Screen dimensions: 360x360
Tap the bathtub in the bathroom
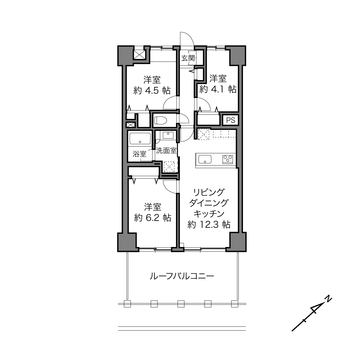[140, 139]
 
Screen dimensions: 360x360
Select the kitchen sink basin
[205, 159]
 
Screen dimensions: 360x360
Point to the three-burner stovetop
[228, 159]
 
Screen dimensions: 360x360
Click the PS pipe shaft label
[231, 120]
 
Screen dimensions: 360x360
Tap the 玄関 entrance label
[188, 58]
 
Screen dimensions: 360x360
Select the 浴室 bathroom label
[139, 154]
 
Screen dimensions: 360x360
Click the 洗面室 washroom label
[166, 151]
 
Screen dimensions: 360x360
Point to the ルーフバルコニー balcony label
[182, 276]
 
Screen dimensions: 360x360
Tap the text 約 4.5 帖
[152, 91]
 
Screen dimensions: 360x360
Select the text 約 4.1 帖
[218, 89]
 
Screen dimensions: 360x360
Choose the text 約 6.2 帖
[153, 218]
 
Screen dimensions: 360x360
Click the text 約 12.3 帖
[209, 224]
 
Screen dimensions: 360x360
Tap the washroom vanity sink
[168, 135]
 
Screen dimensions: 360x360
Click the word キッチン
[209, 214]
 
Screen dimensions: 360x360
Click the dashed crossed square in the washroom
[169, 167]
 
